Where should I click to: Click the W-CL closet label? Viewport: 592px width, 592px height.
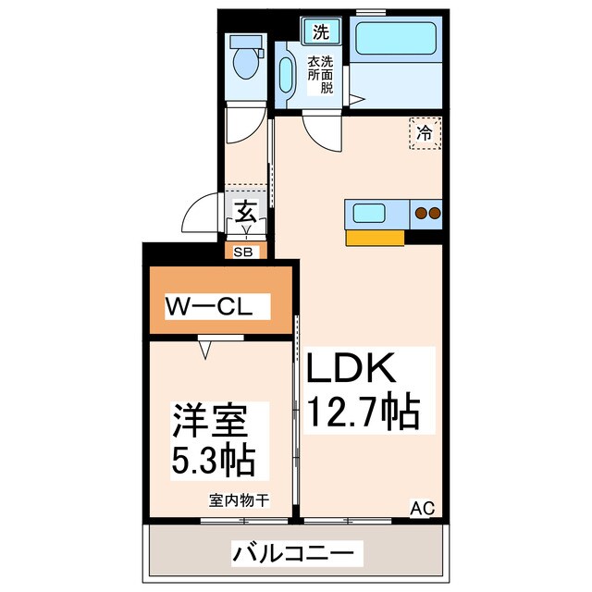pos(217,305)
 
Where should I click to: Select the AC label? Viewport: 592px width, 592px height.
pos(421,507)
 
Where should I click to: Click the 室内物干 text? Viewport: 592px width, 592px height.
pos(239,501)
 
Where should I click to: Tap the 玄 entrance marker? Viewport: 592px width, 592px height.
pos(245,212)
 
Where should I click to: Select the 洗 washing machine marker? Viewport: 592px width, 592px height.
pos(320,31)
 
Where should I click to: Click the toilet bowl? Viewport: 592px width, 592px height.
pos(245,63)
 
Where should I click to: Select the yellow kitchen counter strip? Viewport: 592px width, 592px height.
pos(376,238)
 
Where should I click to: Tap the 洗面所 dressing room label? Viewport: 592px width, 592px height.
pos(320,74)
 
